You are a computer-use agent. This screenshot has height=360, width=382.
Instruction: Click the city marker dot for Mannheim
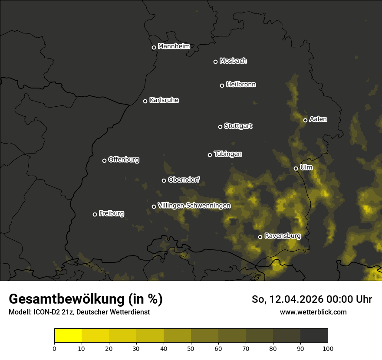(154, 48)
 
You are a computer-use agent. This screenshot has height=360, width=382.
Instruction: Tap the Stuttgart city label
(238, 126)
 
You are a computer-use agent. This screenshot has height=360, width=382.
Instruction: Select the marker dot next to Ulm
(296, 168)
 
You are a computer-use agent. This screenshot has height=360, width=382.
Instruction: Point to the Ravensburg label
(282, 236)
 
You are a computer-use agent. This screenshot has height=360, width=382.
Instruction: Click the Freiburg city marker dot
(95, 214)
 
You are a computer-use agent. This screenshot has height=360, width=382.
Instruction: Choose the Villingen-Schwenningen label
(194, 206)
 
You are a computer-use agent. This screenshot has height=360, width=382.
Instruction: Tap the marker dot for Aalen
(305, 120)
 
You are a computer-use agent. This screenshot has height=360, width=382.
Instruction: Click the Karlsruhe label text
(164, 100)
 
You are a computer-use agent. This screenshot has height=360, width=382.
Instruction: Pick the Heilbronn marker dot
(222, 85)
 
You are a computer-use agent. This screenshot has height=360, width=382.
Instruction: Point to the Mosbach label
(233, 61)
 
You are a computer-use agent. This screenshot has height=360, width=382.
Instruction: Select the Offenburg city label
(123, 160)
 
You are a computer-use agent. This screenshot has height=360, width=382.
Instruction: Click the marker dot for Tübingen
(210, 155)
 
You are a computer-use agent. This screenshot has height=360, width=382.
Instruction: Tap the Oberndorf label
(184, 180)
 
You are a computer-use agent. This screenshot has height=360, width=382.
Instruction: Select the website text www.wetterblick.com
(313, 312)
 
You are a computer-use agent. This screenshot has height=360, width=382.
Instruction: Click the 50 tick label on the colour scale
(191, 348)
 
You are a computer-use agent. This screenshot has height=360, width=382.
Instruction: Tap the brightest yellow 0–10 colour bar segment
(68, 336)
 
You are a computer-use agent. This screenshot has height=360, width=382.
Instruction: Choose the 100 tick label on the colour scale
(328, 348)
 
